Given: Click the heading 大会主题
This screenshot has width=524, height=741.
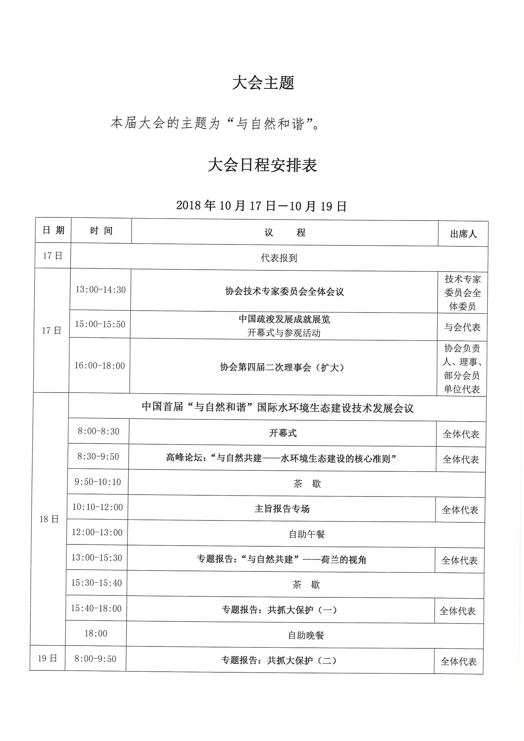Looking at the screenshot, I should (x=263, y=83).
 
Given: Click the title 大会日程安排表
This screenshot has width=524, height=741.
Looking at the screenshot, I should (x=262, y=165).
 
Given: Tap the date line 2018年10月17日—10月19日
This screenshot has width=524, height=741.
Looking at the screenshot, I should (x=261, y=206).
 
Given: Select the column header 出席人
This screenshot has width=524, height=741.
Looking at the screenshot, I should (x=463, y=234).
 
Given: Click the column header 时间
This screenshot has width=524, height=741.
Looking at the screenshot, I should (x=101, y=231).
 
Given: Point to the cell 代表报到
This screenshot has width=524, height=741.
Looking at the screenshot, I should (x=279, y=258).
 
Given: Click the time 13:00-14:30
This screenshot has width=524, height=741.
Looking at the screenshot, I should (x=100, y=290).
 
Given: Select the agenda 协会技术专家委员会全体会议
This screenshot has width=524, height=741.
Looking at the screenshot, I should (x=284, y=292).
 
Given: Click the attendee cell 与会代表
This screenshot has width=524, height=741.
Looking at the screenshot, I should (x=462, y=327).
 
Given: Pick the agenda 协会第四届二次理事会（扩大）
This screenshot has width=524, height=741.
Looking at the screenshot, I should (x=282, y=367).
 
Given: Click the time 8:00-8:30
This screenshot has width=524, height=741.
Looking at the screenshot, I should (x=99, y=432).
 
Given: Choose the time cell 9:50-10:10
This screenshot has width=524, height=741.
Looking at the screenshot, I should (x=98, y=482).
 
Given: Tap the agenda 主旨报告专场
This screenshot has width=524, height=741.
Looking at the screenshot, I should (x=282, y=509).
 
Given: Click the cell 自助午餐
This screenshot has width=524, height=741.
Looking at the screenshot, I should (x=306, y=534).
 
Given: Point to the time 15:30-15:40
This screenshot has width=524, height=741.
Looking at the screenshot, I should (x=96, y=583).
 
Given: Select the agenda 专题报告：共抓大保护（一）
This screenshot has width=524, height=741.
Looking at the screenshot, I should (x=279, y=610).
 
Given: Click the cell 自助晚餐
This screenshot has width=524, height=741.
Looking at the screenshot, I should (x=306, y=635).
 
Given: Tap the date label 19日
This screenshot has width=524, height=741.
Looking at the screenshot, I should (x=48, y=658).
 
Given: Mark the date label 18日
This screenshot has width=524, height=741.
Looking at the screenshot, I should (x=49, y=519).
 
